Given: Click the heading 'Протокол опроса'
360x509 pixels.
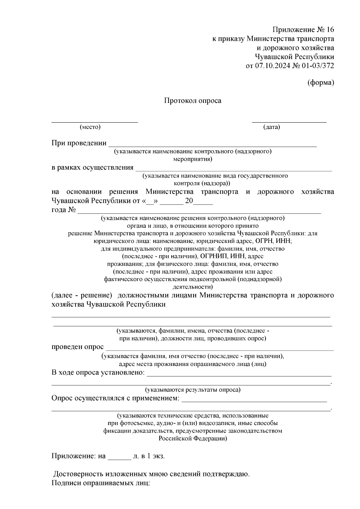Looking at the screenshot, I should [x=192, y=101].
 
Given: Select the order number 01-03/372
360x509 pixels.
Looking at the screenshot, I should [x=318, y=66].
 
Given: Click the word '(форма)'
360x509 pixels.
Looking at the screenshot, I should [x=321, y=83].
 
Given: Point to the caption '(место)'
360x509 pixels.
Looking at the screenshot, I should [x=90, y=127].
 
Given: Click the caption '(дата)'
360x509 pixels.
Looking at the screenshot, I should [x=271, y=127].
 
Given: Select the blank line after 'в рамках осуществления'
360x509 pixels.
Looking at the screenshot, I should [x=233, y=170].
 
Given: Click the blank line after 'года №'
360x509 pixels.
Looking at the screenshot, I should [x=199, y=213].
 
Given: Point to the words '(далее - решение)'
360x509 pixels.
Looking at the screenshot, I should [x=82, y=295].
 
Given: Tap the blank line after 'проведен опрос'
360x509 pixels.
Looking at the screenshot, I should [x=220, y=350].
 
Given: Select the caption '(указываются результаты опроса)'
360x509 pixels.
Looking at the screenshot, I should [x=193, y=390].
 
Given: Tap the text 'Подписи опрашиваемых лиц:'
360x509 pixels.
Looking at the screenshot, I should [x=100, y=483].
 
